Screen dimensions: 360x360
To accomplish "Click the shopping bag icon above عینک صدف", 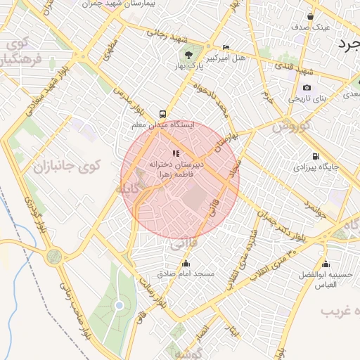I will (311, 16).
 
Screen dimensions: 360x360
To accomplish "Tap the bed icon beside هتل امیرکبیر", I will (225, 48).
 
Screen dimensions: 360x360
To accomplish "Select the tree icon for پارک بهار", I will (188, 54).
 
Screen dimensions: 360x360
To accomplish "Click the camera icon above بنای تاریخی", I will (307, 88).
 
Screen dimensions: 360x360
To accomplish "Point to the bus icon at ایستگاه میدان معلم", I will (163, 112).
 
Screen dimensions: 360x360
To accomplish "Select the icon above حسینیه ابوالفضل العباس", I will (324, 264).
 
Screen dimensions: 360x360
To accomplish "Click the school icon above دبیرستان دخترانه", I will (175, 153).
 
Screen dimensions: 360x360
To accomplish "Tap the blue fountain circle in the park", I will (119, 304).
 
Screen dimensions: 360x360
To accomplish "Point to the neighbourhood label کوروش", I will (286, 127).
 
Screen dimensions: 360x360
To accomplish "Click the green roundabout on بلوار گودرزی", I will (53, 257).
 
